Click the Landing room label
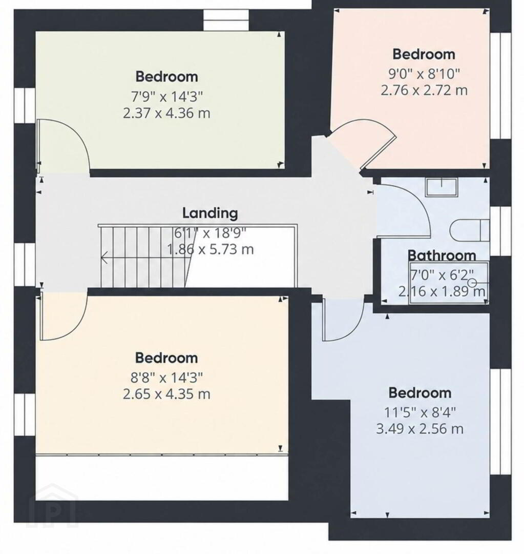pyautogui.click(x=210, y=213)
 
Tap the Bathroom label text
pyautogui.click(x=442, y=255)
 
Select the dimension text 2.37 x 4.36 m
pyautogui.click(x=166, y=113)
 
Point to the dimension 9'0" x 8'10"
pyautogui.click(x=424, y=74)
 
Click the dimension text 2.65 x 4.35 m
pyautogui.click(x=166, y=394)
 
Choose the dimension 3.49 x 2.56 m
pyautogui.click(x=420, y=429)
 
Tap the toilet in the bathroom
pyautogui.click(x=470, y=230)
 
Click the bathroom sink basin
pyautogui.click(x=441, y=187)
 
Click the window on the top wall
pyautogui.click(x=226, y=20)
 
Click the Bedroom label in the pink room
pyautogui.click(x=424, y=54)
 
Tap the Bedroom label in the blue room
pyautogui.click(x=420, y=393)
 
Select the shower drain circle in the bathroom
pyautogui.click(x=472, y=283)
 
